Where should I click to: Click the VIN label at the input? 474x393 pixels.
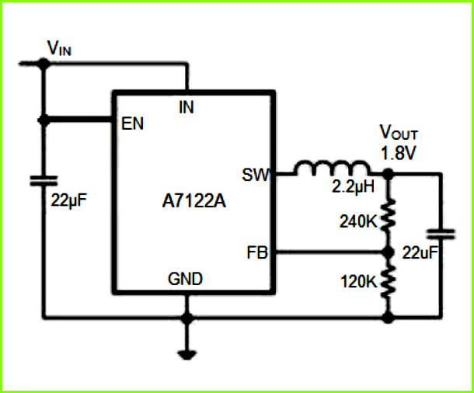pos(59,48)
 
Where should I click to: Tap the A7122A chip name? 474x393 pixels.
pos(193,200)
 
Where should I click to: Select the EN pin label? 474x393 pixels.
pos(132,123)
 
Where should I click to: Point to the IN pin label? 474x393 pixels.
pos(186,107)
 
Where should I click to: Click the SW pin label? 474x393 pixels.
pos(256,175)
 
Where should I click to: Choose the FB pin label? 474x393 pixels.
pos(257,252)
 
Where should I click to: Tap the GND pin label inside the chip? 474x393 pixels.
pos(185,279)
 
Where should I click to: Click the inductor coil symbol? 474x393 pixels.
pos(332,169)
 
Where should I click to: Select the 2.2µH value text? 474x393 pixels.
pos(353,186)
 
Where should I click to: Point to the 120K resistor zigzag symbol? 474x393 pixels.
pos(389,281)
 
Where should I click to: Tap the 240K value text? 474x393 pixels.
pos(358,221)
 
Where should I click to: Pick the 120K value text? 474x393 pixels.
pos(358,281)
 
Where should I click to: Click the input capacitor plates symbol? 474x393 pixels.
pos(44,181)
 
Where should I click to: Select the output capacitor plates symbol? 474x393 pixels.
pos(441,235)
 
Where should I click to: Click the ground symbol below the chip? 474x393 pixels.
pos(187,355)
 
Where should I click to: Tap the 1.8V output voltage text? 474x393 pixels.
pos(399,153)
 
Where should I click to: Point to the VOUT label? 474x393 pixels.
pos(399,132)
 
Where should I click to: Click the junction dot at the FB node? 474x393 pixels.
pos(389,252)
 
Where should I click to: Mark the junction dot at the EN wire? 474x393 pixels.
pos(44,120)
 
